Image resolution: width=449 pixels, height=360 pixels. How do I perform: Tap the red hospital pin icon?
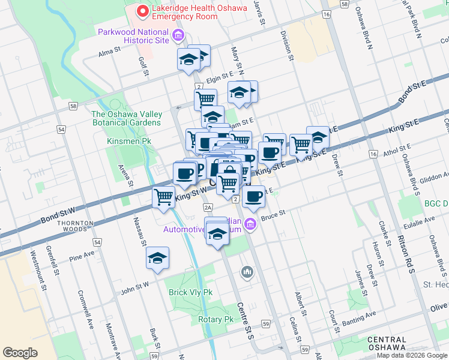[142, 11]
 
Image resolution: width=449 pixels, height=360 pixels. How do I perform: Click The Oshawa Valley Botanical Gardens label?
[126, 118]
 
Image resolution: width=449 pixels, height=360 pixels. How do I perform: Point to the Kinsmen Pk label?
[128, 140]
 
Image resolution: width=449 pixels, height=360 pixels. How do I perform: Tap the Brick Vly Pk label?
[191, 292]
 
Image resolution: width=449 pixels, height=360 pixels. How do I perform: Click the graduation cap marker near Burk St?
[158, 259]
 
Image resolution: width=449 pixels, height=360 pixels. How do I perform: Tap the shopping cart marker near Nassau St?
[163, 197]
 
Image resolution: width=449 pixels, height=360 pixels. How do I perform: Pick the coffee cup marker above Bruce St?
[255, 197]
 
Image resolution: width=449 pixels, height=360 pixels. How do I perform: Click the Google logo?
[20, 352]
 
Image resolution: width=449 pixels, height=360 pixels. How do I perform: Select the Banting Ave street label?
[359, 317]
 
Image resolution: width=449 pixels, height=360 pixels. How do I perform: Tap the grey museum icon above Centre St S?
[247, 273]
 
